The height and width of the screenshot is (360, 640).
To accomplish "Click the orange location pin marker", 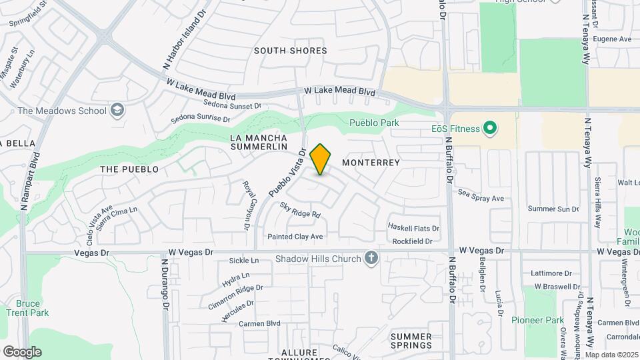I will (321, 159).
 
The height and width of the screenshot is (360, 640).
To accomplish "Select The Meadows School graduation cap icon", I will (118, 110).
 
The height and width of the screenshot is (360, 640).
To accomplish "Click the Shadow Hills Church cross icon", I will (371, 258).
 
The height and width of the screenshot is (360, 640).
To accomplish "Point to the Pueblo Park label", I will (374, 123).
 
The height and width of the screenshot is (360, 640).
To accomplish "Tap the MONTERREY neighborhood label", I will (371, 163).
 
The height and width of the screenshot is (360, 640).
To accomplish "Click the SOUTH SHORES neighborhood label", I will (291, 51).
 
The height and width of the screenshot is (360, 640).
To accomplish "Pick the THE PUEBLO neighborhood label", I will (129, 169).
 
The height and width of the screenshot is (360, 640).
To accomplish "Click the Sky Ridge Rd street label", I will (300, 210).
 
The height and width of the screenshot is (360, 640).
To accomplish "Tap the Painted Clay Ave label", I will (295, 237).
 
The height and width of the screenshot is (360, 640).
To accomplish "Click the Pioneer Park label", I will (537, 320).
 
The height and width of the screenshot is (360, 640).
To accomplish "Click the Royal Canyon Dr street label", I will (245, 205).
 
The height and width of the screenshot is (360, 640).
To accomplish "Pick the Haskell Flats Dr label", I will (414, 228).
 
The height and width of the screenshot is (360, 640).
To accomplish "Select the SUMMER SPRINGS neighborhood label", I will (411, 341).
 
